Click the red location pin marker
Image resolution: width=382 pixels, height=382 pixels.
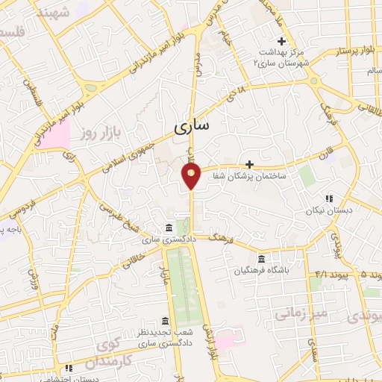tap(192, 175)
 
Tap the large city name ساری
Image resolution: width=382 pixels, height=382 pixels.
tap(192, 127)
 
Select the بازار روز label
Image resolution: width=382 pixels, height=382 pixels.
tap(101, 132)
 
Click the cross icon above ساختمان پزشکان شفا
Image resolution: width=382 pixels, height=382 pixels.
tap(249, 164)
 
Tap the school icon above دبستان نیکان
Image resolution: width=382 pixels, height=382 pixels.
tap(328, 198)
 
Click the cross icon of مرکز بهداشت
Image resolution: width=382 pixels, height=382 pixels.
tap(281, 41)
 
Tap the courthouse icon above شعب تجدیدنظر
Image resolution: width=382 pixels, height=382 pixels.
tap(164, 320)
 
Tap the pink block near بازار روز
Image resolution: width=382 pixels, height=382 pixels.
tap(60, 134)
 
